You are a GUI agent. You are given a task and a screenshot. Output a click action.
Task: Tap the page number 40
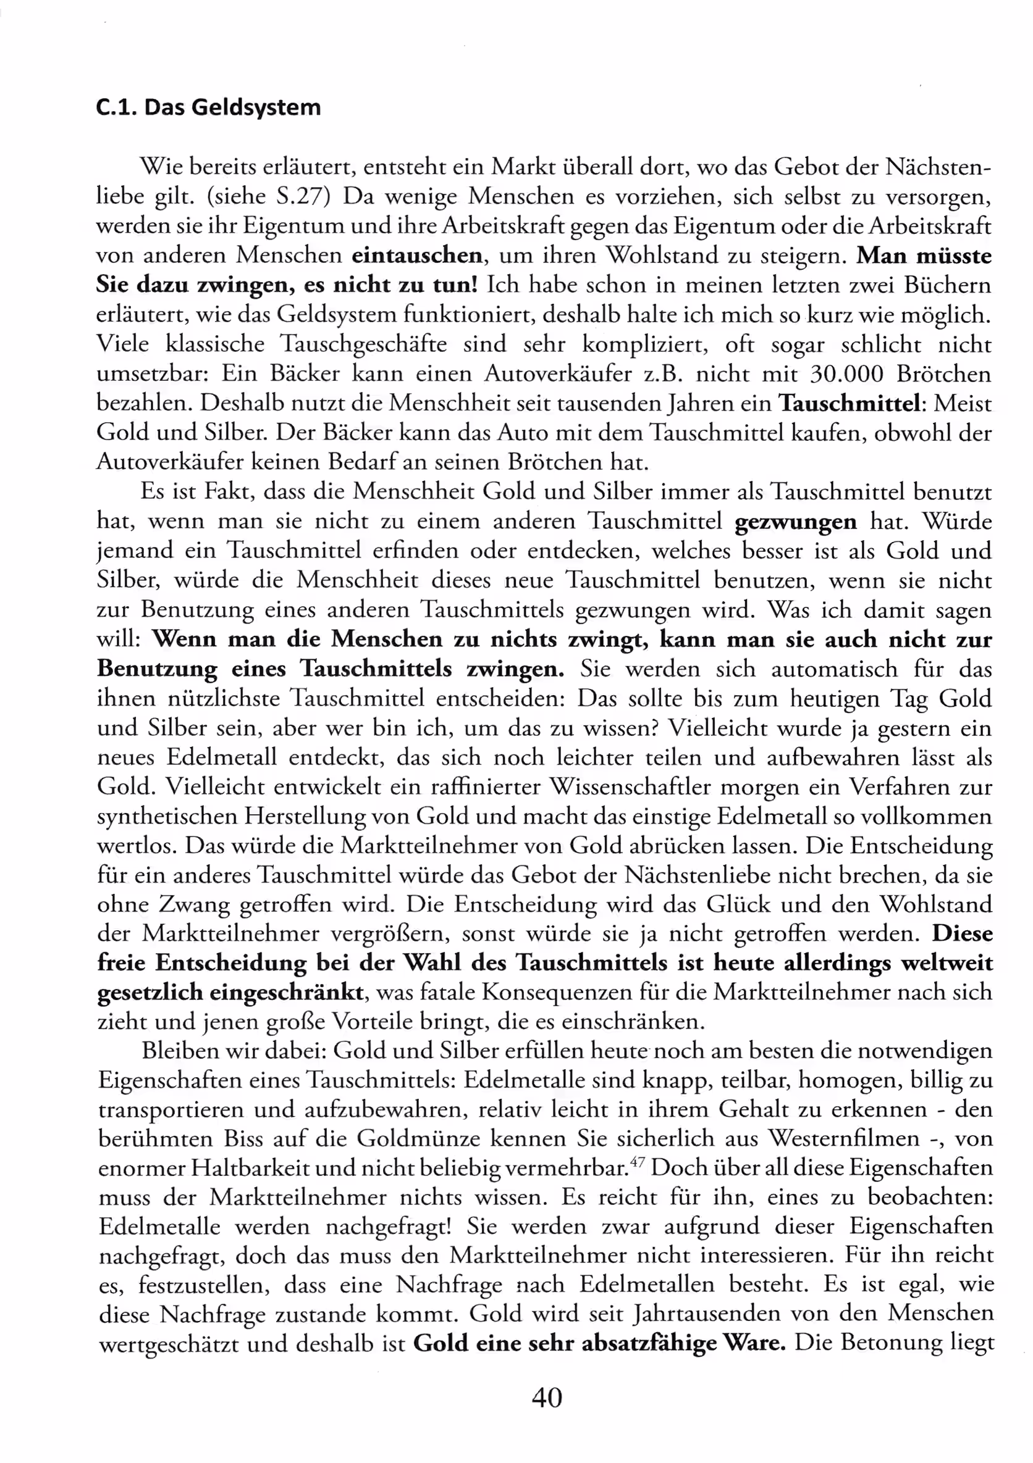[x=547, y=1398]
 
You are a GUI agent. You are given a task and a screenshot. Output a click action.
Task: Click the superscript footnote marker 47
[x=636, y=1162]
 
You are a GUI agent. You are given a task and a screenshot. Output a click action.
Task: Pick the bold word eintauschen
[x=417, y=256]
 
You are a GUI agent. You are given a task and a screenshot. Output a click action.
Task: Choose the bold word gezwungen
[x=795, y=522]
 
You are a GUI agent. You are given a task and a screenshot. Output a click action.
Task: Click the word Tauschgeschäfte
[x=363, y=344]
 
